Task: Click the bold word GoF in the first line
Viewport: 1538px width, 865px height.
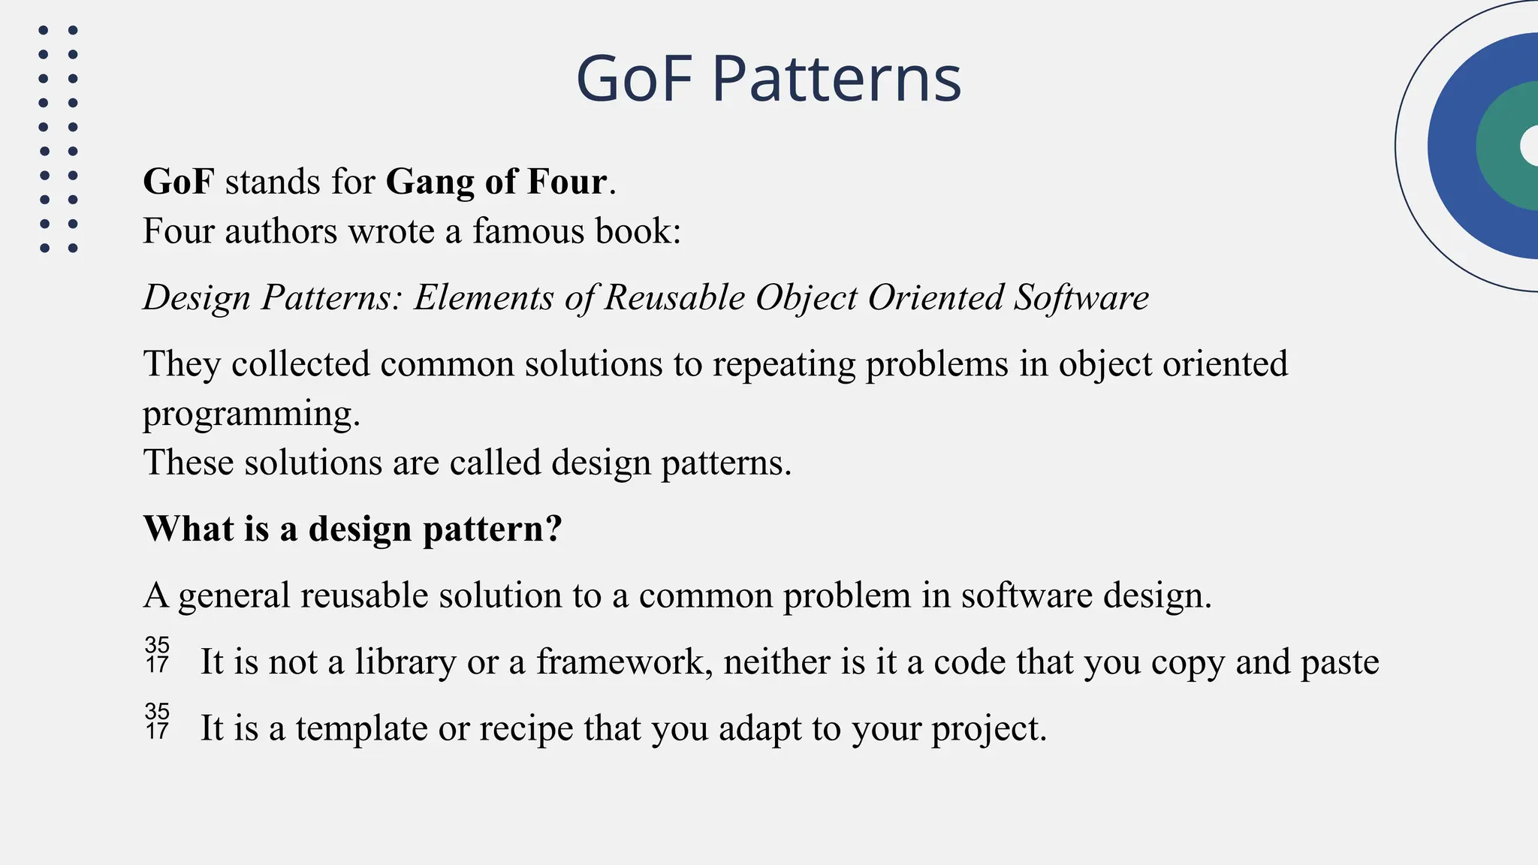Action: pos(179,182)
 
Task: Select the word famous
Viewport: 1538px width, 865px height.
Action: pos(529,231)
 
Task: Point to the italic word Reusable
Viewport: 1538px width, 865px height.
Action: pos(674,297)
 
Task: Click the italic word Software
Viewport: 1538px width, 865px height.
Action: pos(1081,297)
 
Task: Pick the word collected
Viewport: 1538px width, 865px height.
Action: pos(300,364)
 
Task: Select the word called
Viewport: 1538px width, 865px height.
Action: pos(495,463)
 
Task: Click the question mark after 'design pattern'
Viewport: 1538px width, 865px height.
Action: pos(554,529)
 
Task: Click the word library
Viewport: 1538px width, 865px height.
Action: pos(405,662)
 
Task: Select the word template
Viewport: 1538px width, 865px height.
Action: pos(361,729)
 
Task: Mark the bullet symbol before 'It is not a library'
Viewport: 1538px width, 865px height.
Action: pos(157,656)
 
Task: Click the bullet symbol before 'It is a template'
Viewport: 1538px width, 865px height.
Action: pos(157,722)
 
